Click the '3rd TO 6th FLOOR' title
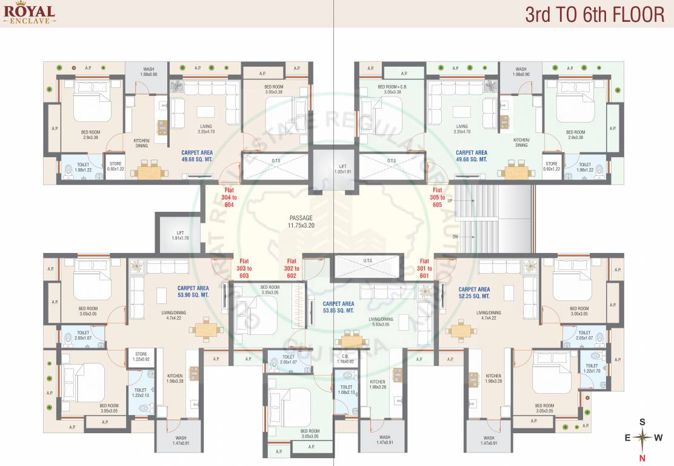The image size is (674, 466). [595, 15]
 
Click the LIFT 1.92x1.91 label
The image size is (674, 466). [342, 168]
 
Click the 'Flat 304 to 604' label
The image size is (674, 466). [229, 198]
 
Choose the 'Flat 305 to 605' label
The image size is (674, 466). [438, 198]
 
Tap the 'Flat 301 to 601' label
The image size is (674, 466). [424, 268]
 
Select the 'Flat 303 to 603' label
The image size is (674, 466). [245, 268]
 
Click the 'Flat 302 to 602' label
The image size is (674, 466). [292, 268]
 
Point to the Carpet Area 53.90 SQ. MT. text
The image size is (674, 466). [193, 291]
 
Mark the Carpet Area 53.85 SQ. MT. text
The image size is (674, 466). [338, 306]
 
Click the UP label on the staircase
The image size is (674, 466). [450, 200]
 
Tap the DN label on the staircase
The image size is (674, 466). [455, 237]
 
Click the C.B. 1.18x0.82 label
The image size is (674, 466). [345, 359]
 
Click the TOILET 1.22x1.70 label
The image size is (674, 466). [591, 368]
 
